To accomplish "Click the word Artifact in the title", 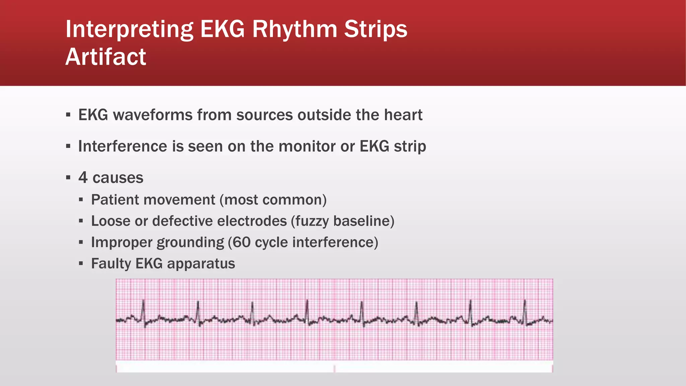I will pos(106,57).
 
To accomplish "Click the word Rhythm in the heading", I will pos(295,29).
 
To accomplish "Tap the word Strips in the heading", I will pos(375,29).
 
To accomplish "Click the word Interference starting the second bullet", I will pos(123,146).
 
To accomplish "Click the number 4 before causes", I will pos(83,178).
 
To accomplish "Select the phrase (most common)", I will pos(273,200).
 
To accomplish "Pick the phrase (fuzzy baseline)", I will pos(343,221).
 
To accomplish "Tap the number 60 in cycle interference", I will pos(241,242).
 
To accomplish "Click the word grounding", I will pos(191,242).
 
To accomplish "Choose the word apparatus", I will pos(201,264).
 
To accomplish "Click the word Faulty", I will pos(111,264).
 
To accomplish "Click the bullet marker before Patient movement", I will pos(81,200).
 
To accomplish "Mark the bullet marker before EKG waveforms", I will pos(68,115).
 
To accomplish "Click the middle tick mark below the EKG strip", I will pos(334,369).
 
